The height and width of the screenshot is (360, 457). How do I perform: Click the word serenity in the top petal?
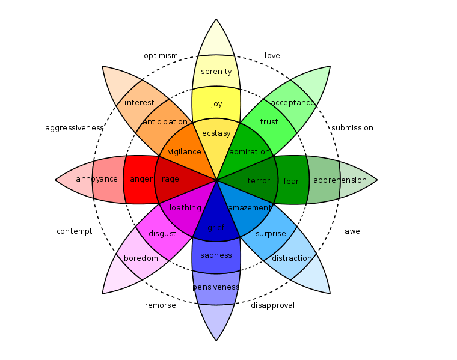[x=216, y=72]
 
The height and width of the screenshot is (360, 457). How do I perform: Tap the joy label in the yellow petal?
[x=216, y=104]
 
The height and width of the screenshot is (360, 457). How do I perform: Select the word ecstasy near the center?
[x=216, y=133]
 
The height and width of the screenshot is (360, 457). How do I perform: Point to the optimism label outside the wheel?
[x=161, y=56]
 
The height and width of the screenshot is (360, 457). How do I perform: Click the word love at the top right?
[x=272, y=56]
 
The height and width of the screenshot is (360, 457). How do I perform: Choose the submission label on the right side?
[x=352, y=128]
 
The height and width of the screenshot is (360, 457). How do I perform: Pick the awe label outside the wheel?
[x=352, y=231]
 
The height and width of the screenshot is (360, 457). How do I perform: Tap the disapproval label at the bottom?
[x=272, y=305]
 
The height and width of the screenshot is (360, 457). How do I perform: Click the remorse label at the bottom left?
[x=161, y=305]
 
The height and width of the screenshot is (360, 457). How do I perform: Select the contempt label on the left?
[x=75, y=231]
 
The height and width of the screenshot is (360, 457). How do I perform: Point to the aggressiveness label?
[x=75, y=128]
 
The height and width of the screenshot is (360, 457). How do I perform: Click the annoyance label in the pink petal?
[x=97, y=179]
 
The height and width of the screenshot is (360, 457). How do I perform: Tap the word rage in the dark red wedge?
[x=171, y=179]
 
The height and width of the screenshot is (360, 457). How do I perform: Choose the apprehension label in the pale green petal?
[x=340, y=180]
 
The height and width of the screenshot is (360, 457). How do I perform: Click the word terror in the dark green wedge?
[x=259, y=181]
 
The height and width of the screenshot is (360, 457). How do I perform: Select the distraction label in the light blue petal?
[x=292, y=258]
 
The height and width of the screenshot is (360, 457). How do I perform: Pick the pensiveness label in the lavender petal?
[x=216, y=287]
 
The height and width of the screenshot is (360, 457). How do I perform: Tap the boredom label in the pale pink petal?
[x=141, y=258]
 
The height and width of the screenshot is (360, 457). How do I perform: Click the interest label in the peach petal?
[x=140, y=103]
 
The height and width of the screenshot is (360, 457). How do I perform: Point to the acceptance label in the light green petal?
[x=293, y=103]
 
